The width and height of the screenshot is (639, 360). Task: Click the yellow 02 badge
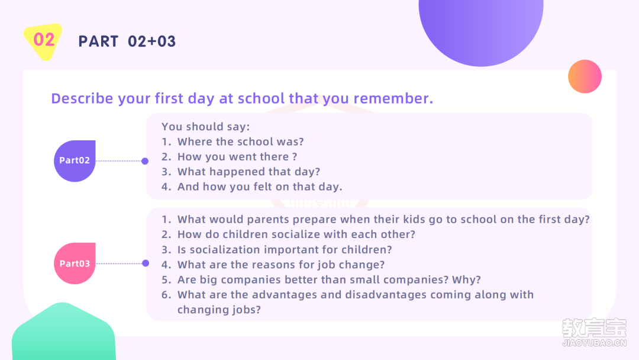43,41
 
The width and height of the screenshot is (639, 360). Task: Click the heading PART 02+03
127,41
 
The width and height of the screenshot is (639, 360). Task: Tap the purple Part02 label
75,160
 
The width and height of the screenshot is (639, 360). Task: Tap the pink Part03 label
75,263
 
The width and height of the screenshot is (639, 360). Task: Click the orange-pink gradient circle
585,76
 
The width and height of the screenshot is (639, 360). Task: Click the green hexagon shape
63,332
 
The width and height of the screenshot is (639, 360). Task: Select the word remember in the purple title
393,98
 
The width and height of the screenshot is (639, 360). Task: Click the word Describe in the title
82,98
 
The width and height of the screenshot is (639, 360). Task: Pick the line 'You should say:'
205,126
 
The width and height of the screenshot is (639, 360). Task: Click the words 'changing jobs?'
219,310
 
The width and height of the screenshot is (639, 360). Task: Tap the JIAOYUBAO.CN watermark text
594,343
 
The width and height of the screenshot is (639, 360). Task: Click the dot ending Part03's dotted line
146,263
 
